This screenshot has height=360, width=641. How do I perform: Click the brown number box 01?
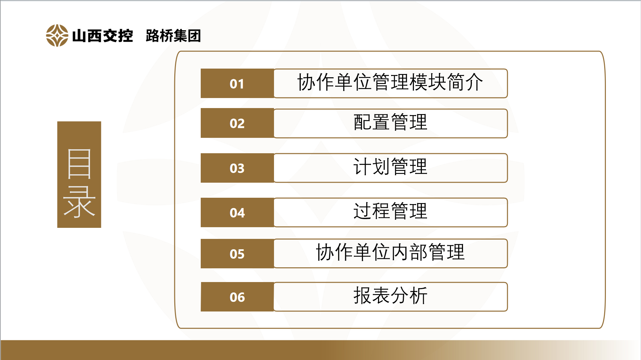point(237,83)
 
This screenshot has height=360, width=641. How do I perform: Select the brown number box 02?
point(237,123)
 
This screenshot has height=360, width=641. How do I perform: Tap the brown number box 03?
point(237,168)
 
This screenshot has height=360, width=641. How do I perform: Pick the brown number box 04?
point(237,212)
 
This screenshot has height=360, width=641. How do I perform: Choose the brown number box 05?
point(237,254)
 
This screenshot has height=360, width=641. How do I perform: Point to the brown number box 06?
point(237,297)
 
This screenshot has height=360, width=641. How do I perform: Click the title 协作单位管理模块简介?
point(390,82)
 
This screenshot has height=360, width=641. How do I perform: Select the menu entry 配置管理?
point(390,122)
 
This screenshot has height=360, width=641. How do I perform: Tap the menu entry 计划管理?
point(390,167)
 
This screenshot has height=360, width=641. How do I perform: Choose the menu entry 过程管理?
point(390,211)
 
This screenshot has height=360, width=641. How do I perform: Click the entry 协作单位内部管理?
point(390,252)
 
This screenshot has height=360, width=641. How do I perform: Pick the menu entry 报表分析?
point(390,295)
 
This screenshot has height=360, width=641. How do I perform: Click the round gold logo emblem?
point(57,35)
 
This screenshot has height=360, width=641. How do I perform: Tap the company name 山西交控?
point(102,36)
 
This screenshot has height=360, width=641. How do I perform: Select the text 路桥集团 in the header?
point(173,36)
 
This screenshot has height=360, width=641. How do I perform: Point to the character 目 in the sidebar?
point(79,164)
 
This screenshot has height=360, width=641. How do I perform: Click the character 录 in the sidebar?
point(79,202)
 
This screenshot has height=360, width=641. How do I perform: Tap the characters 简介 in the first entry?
point(465,82)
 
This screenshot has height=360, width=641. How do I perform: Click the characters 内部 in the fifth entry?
point(409,252)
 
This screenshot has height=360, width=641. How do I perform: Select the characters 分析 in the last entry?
point(409,295)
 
